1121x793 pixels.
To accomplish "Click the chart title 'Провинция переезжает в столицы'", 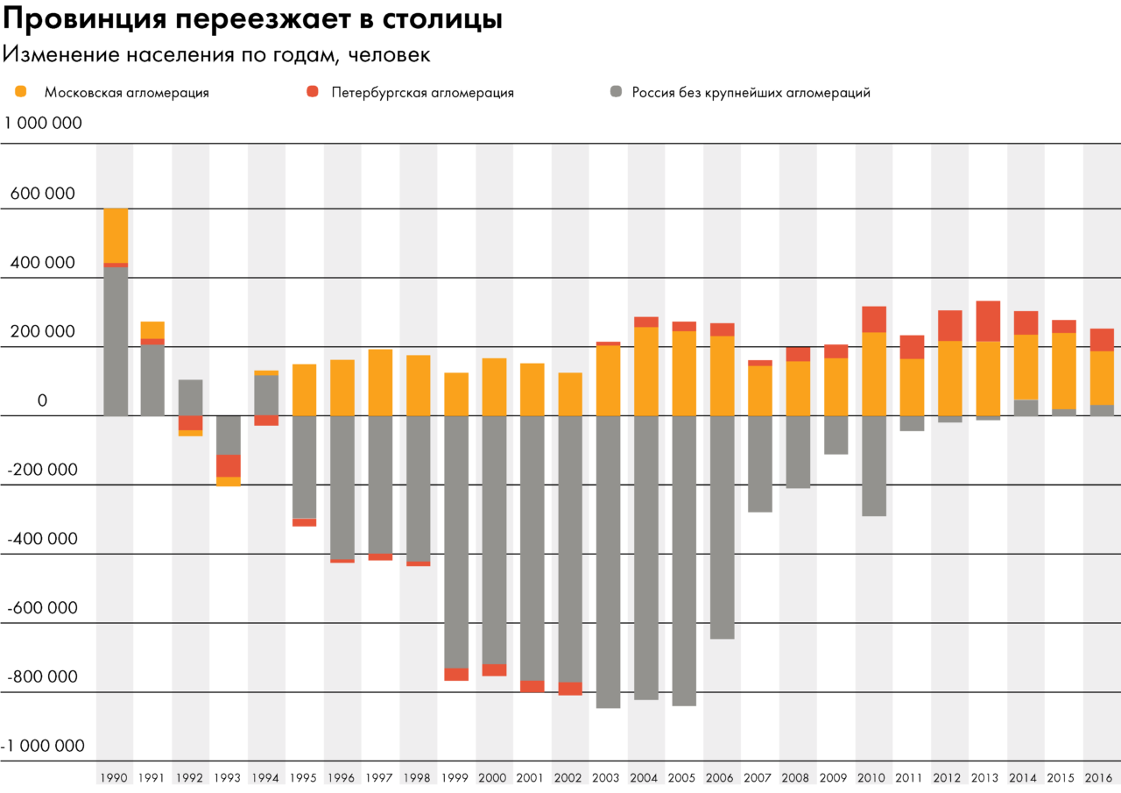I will [253, 20].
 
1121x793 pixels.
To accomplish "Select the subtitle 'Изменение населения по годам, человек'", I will [216, 54].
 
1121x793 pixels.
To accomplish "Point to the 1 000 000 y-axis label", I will [44, 124].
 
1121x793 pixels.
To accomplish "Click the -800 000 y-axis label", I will [42, 677].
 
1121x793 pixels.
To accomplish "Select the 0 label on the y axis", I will [41, 401].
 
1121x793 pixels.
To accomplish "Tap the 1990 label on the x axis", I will [114, 778].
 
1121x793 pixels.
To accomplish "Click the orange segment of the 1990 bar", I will [116, 235].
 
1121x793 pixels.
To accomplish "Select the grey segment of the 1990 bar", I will [116, 342].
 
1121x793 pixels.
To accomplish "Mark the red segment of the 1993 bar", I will [229, 465].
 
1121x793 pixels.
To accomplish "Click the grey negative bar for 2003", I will [609, 561].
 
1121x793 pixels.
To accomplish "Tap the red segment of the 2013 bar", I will [988, 321].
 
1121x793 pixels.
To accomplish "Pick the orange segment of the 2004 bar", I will [646, 371].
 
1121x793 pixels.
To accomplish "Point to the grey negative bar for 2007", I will [760, 464].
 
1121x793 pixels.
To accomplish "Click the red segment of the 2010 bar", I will [874, 319].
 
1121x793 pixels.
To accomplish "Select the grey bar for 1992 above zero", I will [191, 397].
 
